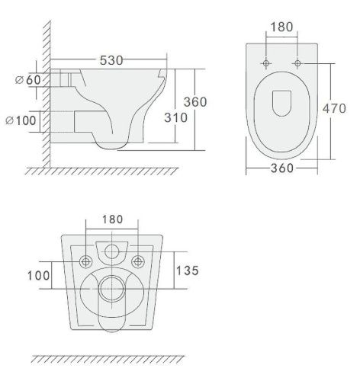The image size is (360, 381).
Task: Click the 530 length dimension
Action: coord(111,60)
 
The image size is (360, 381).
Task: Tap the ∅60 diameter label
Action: coord(27,80)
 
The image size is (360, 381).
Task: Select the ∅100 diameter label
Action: coord(21,120)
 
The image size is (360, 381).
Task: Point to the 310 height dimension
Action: coord(175,117)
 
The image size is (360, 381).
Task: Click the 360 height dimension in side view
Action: coord(195,102)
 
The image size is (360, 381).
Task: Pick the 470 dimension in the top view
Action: coord(334,108)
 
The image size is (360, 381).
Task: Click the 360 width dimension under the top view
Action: coord(282,168)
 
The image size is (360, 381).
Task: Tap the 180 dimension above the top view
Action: coord(281,27)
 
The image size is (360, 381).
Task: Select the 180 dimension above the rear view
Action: coord(112,219)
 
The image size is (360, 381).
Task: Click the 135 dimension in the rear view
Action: coord(188,271)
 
